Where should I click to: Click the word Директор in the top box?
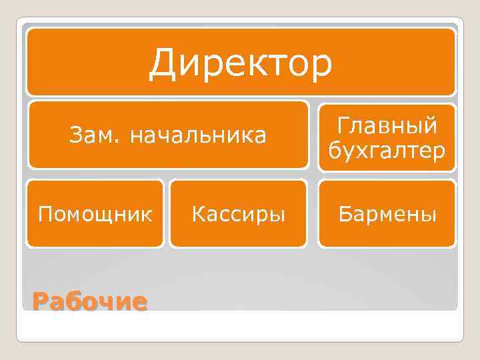pos(240,63)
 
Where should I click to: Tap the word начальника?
pos(198,136)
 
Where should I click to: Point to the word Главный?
pos(387,125)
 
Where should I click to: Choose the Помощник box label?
pos(95,215)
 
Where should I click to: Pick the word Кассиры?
pos(239,215)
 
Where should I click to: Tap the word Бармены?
pos(387,215)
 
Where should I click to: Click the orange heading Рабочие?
pos(89,302)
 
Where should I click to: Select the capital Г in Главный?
pos(344,125)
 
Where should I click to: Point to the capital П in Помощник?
pos(45,215)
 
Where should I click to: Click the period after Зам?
pos(122,141)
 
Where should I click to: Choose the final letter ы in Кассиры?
pos(278,216)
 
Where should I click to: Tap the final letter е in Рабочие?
pos(139,303)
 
